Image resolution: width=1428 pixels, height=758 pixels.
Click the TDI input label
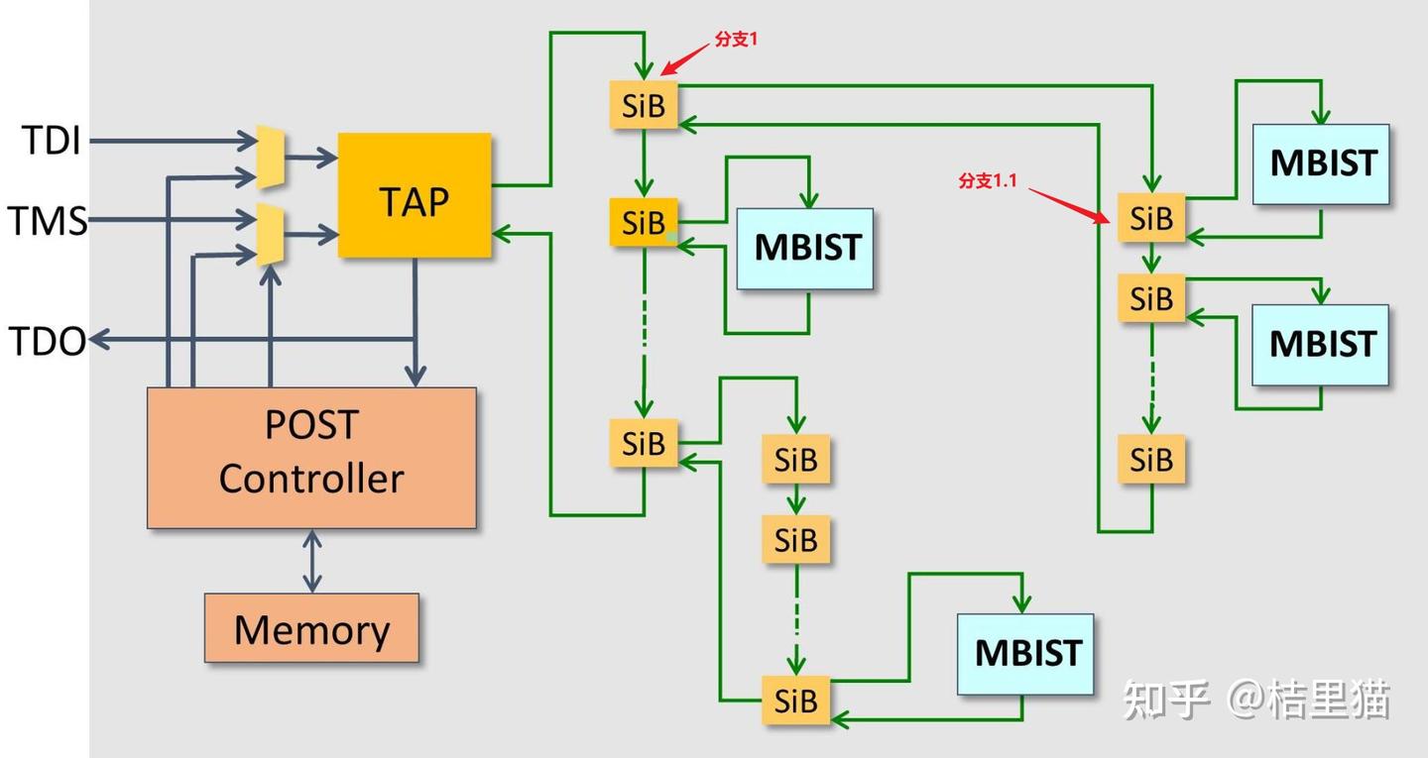(x=52, y=141)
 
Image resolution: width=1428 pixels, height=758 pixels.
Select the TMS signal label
(x=48, y=220)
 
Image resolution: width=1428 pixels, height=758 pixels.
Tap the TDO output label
(x=48, y=341)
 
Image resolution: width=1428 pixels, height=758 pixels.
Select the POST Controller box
(x=311, y=457)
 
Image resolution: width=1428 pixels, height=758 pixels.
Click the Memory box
(x=311, y=628)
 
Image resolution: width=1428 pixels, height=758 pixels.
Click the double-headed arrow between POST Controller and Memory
(x=312, y=561)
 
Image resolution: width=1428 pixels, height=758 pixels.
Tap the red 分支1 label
(x=736, y=41)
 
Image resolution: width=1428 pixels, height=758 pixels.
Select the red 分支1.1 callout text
(x=988, y=180)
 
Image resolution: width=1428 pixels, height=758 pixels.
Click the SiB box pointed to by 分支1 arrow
(x=644, y=105)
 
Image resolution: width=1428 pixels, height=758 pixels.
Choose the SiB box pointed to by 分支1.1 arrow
(x=1151, y=217)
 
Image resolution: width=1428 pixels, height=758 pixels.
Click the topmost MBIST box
(x=1321, y=164)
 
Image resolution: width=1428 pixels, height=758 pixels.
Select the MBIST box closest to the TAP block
(x=804, y=248)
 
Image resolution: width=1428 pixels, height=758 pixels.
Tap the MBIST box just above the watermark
(x=1025, y=653)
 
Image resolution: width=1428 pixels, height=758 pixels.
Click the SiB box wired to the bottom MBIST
(x=795, y=700)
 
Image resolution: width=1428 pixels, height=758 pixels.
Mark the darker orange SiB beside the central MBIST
(x=644, y=222)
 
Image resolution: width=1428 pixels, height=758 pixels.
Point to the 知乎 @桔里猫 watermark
(x=1256, y=700)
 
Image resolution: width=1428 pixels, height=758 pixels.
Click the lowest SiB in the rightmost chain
(x=1151, y=460)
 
